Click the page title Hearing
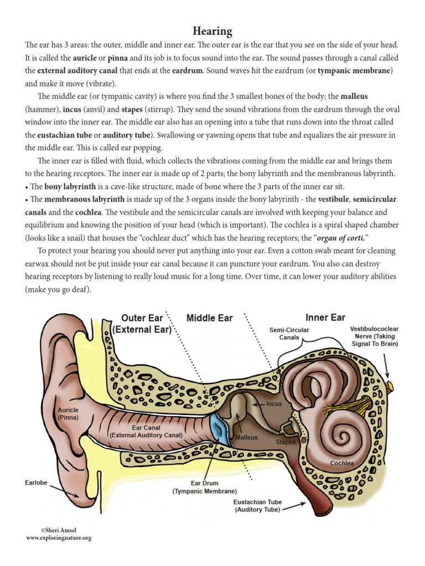point(212,30)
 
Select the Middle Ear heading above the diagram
point(209,318)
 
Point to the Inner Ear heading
point(325,317)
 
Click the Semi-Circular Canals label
point(289,333)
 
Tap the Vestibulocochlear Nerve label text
point(374,336)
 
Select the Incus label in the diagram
point(274,403)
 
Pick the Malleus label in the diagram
point(246,437)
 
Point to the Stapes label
point(286,442)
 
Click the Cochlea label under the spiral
point(341,463)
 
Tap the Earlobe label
point(37,483)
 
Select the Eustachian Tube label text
point(257,506)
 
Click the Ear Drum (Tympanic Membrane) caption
point(205,487)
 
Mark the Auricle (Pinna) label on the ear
point(69,413)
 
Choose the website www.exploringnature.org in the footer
point(58,537)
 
